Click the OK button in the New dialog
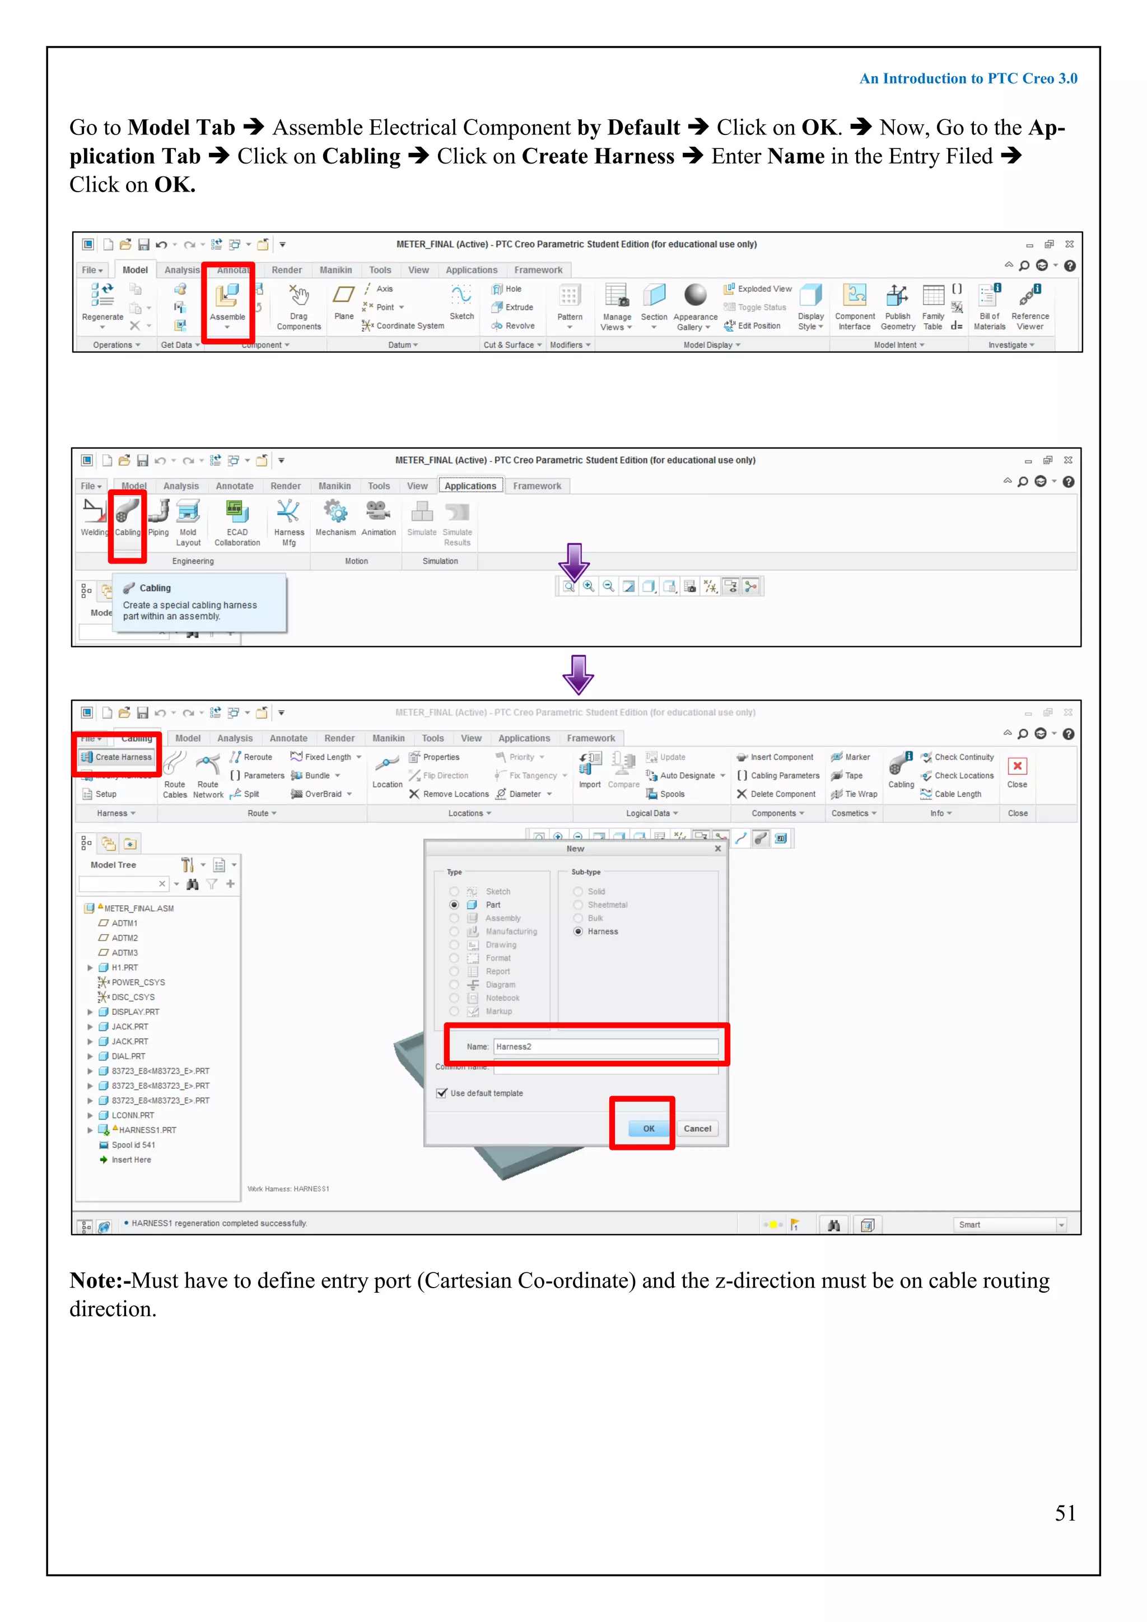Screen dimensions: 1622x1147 click(649, 1128)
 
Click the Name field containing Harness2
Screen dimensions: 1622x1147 click(605, 1046)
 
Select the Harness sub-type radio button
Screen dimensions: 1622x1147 click(579, 931)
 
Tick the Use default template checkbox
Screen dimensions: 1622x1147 click(442, 1093)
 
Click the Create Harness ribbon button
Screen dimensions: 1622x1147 click(117, 757)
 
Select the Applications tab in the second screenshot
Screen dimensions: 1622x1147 click(470, 486)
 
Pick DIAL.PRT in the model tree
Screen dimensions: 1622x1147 click(128, 1056)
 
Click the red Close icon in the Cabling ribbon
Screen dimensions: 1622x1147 click(1017, 767)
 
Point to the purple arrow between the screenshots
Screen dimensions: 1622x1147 click(578, 675)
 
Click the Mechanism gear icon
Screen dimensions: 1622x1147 click(335, 512)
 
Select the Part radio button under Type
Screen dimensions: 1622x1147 click(454, 905)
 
